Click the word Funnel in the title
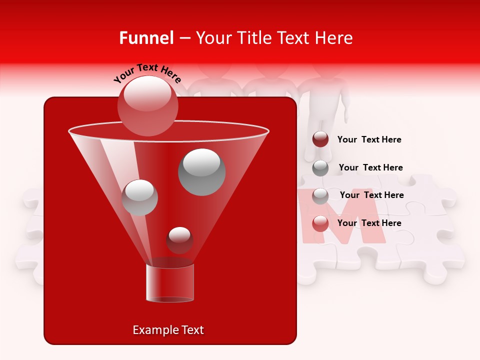[146, 38]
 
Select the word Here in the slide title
[334, 38]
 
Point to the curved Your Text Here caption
[147, 72]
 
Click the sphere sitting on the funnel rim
[148, 105]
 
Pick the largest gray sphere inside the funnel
[202, 171]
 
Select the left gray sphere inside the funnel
[139, 197]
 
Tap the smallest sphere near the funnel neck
[179, 240]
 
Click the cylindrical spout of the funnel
[170, 283]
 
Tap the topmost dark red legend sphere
[320, 139]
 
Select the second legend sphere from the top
[320, 167]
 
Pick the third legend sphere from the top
[320, 195]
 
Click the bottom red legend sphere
[320, 223]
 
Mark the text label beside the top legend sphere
[369, 139]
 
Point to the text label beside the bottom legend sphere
[369, 223]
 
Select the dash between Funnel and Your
[184, 38]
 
